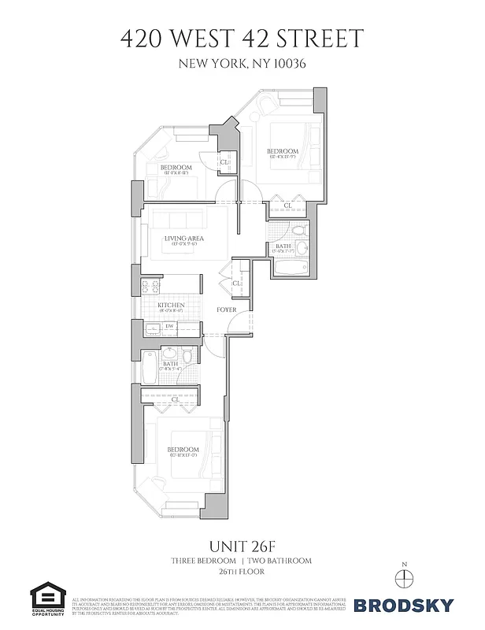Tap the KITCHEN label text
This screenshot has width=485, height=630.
171,305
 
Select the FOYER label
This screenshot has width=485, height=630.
227,310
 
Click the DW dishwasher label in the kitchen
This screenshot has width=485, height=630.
168,326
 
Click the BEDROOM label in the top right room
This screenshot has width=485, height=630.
282,151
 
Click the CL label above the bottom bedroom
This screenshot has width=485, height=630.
175,399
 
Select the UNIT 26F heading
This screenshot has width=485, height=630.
242,545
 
